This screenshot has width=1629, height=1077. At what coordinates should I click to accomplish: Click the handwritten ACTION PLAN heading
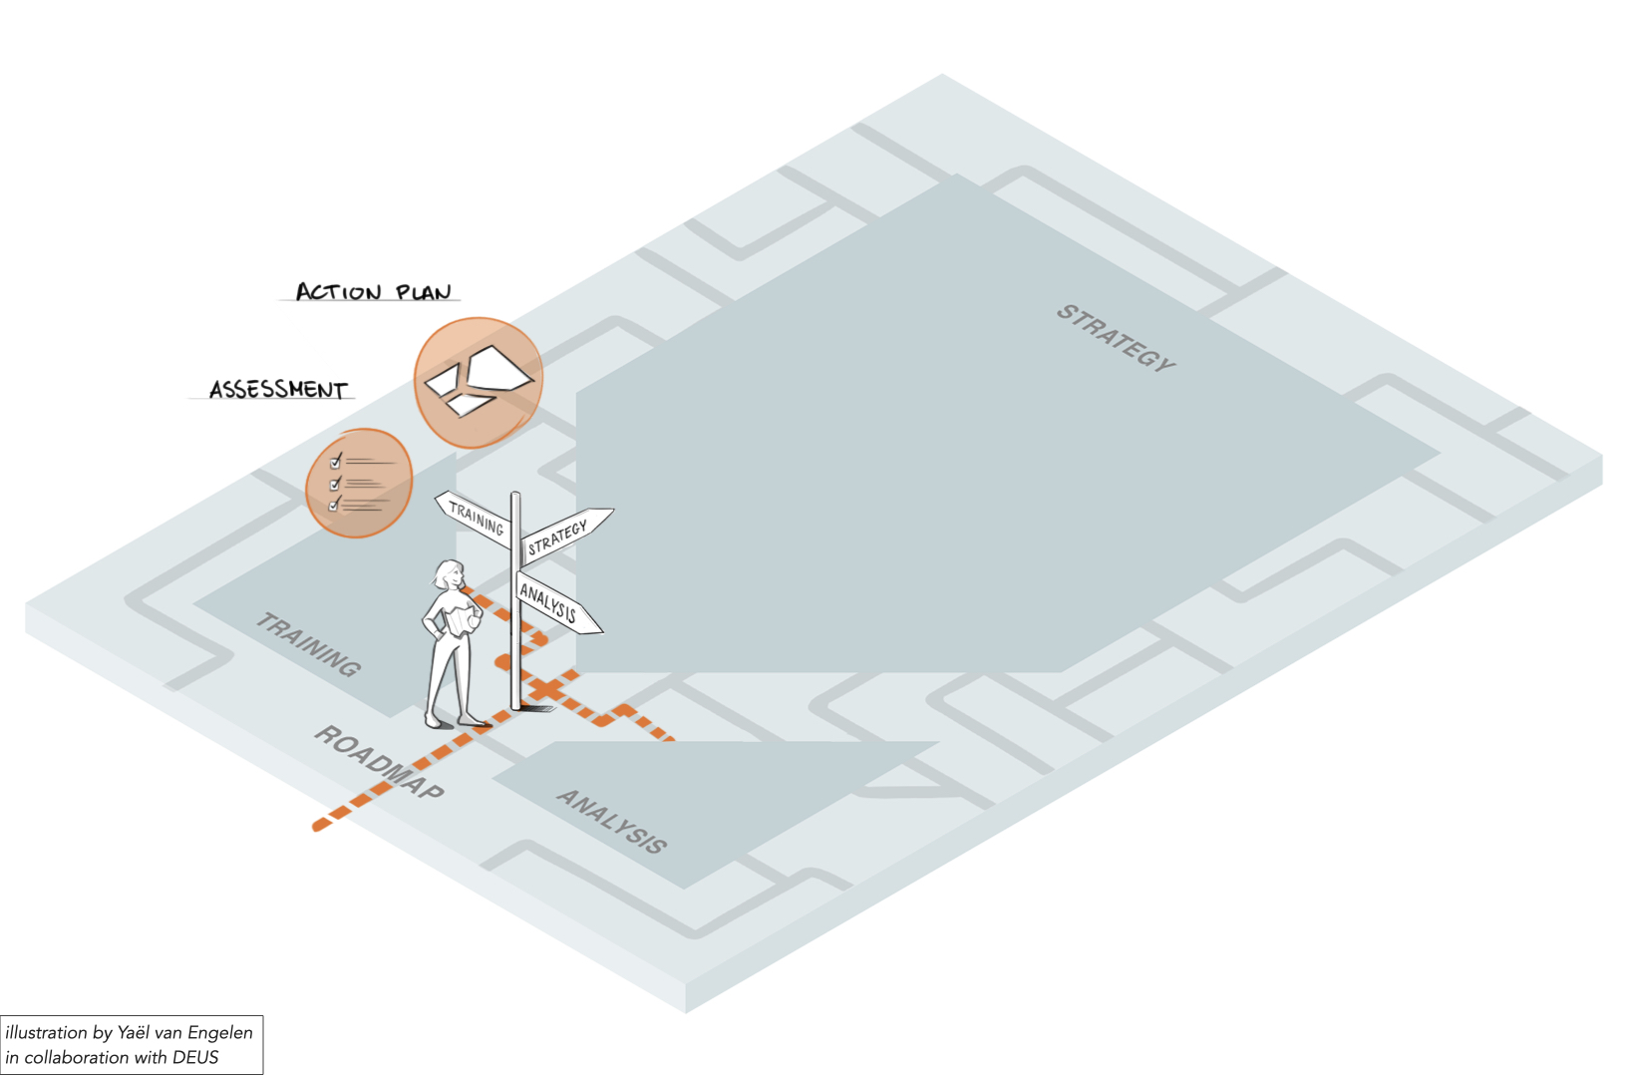coord(373,291)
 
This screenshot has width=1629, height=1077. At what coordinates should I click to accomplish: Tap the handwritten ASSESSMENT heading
coord(278,390)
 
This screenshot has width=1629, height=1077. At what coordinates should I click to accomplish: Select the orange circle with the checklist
coord(359,483)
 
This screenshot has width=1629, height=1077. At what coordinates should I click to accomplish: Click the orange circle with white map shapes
coord(479,383)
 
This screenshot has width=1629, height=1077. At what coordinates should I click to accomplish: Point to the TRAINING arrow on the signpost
coord(475,518)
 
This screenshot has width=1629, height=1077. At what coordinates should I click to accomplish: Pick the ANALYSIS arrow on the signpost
coord(557,603)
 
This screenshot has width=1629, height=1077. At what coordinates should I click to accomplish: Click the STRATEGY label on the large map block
coord(1116,338)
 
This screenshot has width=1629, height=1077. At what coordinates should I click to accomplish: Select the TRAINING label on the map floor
coord(308,645)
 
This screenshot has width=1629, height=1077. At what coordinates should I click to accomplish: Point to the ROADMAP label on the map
coord(379,762)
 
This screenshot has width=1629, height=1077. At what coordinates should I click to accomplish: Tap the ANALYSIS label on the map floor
coord(611,821)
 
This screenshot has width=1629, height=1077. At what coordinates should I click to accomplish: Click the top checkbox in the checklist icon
coord(335,462)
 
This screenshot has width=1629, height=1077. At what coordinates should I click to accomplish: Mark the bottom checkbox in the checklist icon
coord(334,506)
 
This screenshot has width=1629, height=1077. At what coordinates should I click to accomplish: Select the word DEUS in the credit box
coord(194,1057)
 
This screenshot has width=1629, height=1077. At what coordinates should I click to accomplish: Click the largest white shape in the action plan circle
coord(498,368)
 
